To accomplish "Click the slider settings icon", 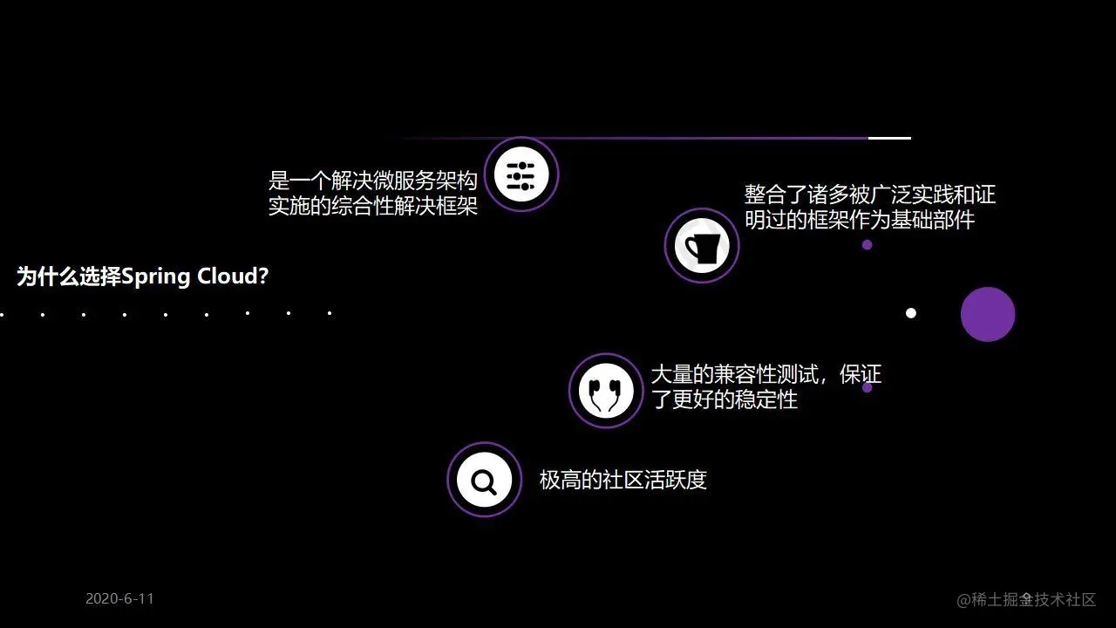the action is click(521, 174).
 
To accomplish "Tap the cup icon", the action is click(702, 246).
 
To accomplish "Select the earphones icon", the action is click(606, 391).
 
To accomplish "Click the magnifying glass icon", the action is click(484, 480).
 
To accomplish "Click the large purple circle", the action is click(988, 314).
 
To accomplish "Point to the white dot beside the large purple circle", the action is click(911, 313).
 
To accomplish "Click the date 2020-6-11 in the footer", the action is click(119, 598).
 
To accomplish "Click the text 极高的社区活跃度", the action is click(623, 480).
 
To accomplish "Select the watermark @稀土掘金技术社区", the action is click(1026, 599).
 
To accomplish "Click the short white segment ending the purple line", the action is click(889, 138).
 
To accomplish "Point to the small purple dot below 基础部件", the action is click(867, 245).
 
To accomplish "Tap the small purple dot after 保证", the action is click(867, 387).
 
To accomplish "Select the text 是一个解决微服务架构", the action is click(373, 181).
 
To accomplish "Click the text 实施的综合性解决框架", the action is click(373, 207).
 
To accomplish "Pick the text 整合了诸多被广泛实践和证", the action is click(869, 194).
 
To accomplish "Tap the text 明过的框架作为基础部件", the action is click(859, 220).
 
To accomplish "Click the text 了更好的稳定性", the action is click(724, 400).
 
